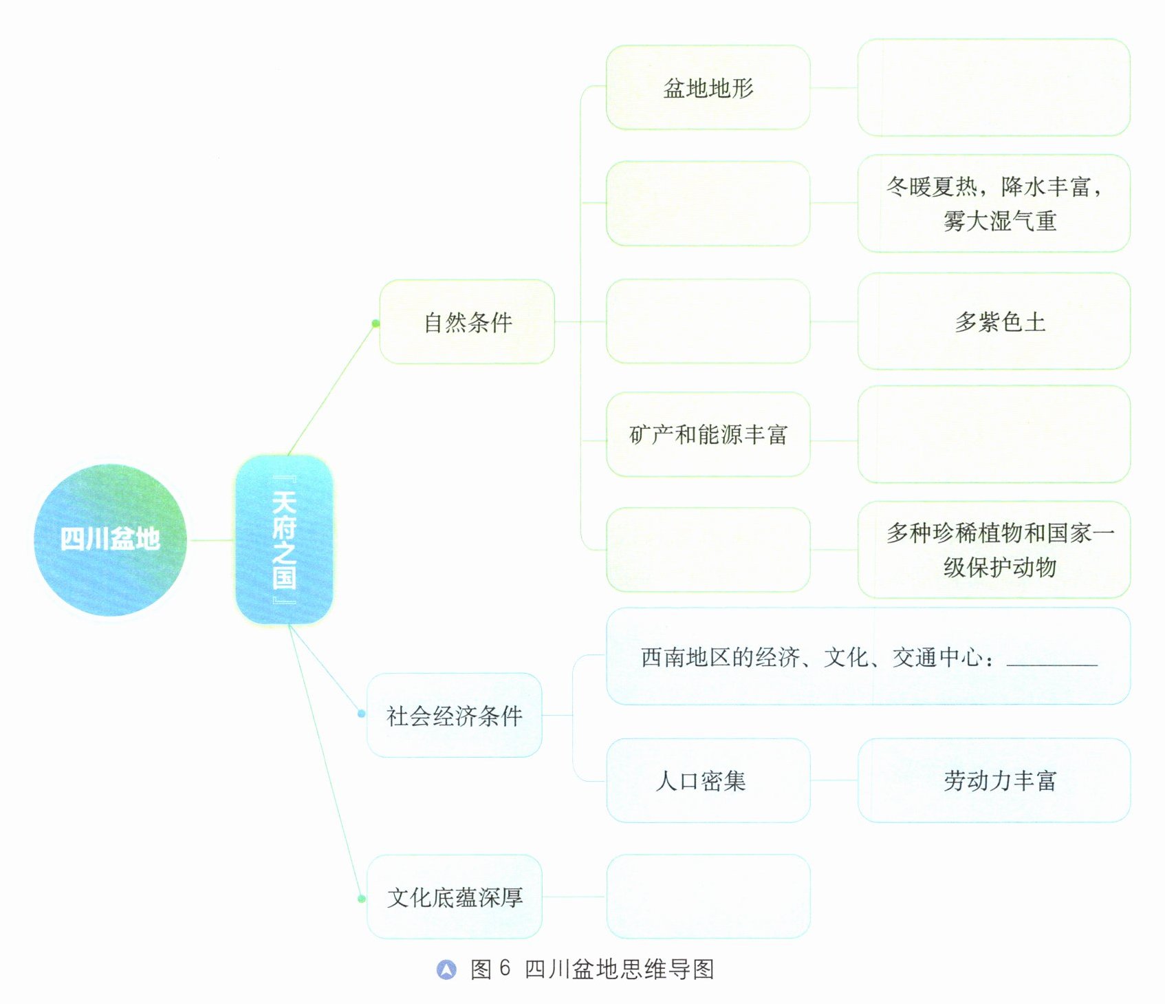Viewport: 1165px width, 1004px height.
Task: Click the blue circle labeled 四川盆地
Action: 110,540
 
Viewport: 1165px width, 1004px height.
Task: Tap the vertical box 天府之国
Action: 284,540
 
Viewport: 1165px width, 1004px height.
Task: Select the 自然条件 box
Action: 467,321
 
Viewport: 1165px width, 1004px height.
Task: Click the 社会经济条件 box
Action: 454,715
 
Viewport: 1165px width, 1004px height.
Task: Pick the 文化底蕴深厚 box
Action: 454,897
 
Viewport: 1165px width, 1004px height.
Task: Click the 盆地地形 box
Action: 708,87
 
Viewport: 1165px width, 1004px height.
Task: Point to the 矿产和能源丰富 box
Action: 708,434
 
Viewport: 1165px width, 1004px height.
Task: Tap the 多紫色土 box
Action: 994,321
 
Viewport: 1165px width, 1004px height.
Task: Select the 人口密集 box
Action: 708,780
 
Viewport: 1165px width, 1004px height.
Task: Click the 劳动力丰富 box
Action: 994,780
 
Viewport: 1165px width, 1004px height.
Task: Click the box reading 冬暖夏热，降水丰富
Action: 994,203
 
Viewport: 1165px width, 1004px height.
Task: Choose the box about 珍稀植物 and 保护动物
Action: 994,550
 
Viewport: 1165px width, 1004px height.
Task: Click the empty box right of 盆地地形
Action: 994,87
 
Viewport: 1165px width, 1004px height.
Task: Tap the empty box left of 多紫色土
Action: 708,321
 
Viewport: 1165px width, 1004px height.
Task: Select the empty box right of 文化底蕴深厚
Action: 708,897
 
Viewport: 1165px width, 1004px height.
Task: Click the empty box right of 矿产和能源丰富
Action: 994,434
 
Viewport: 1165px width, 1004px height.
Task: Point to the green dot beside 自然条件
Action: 375,323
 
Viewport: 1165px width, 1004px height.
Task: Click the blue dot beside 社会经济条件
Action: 362,714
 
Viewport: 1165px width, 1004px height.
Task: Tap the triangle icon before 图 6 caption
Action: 446,970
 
